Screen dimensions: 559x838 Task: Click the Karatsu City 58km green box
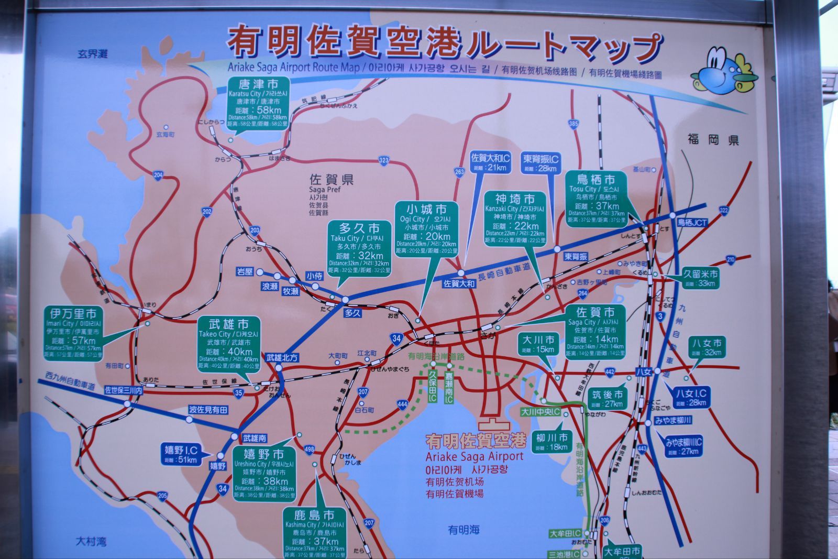(258, 103)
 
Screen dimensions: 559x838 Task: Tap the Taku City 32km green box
(359, 248)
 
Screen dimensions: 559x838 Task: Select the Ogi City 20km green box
(426, 228)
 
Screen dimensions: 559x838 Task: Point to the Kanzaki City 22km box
(515, 218)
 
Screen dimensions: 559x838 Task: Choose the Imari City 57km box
(73, 333)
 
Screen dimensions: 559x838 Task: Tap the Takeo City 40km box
(229, 344)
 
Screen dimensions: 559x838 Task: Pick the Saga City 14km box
(595, 332)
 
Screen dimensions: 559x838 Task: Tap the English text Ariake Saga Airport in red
(474, 456)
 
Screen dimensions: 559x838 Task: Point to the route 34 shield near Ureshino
(223, 489)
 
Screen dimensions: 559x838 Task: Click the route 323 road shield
(384, 160)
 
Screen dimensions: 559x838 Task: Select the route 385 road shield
(574, 124)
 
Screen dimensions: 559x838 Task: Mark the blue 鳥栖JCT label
(692, 223)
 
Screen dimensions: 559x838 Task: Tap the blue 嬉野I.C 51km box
(181, 455)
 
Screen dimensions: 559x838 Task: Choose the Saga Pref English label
(325, 189)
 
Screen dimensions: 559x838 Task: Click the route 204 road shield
(159, 175)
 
